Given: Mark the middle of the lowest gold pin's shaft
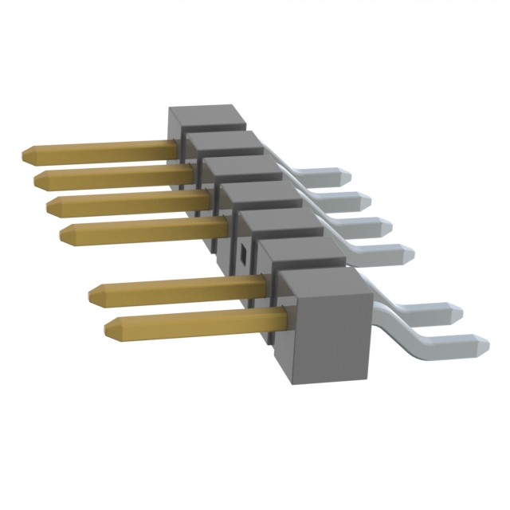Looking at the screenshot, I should coord(199,321).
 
